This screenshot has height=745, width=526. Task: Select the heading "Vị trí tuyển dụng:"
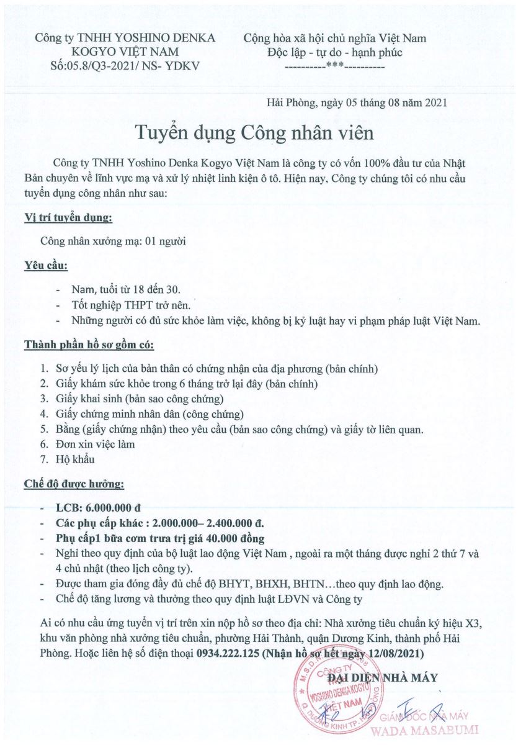(x=68, y=218)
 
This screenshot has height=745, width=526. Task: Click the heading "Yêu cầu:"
(x=46, y=266)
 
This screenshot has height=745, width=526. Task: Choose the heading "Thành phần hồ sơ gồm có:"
(x=89, y=344)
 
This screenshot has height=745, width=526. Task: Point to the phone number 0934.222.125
(x=228, y=654)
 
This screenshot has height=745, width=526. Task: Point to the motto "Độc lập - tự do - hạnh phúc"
(x=335, y=52)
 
